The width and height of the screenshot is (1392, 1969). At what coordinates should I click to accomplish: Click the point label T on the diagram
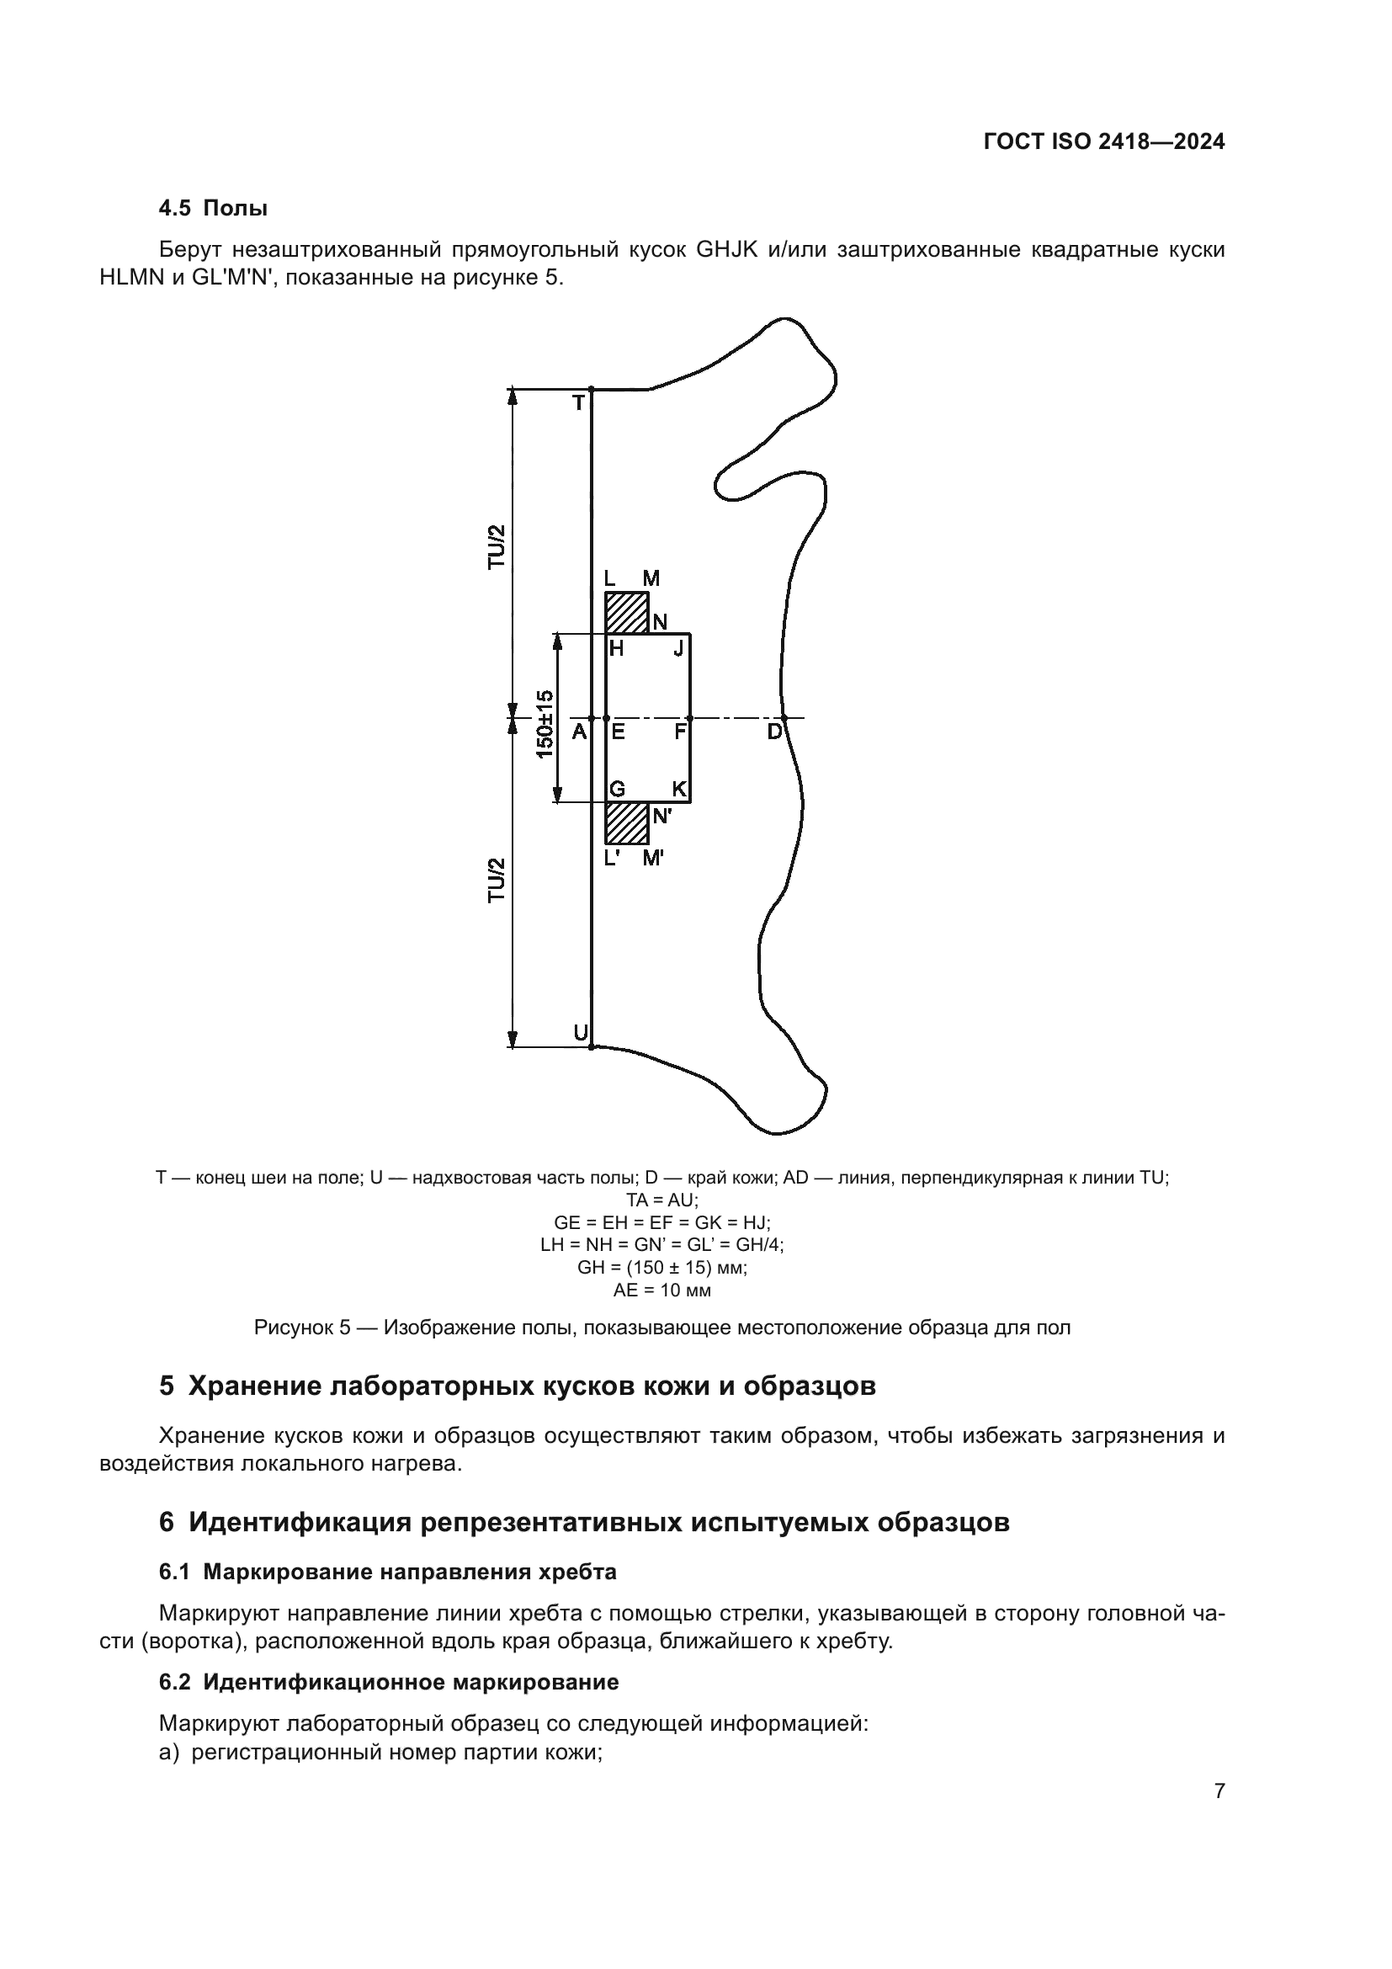578,402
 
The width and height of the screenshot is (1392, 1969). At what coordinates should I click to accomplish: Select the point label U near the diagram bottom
581,1033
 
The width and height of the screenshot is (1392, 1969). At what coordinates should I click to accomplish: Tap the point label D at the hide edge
774,732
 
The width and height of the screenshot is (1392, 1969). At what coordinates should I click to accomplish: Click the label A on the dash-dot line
579,732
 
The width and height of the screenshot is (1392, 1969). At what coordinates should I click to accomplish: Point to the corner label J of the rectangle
678,648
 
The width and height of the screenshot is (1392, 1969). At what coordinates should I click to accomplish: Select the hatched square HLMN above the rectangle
627,612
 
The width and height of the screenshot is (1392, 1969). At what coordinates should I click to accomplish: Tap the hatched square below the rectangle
627,823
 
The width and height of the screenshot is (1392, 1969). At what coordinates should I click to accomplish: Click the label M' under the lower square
653,858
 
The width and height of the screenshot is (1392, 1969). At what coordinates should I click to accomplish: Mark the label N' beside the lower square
661,817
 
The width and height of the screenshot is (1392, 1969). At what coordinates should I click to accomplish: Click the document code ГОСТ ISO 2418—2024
1104,141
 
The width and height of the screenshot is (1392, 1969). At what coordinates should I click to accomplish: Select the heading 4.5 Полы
214,208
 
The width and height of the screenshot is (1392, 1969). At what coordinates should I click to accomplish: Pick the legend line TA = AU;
661,1200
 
